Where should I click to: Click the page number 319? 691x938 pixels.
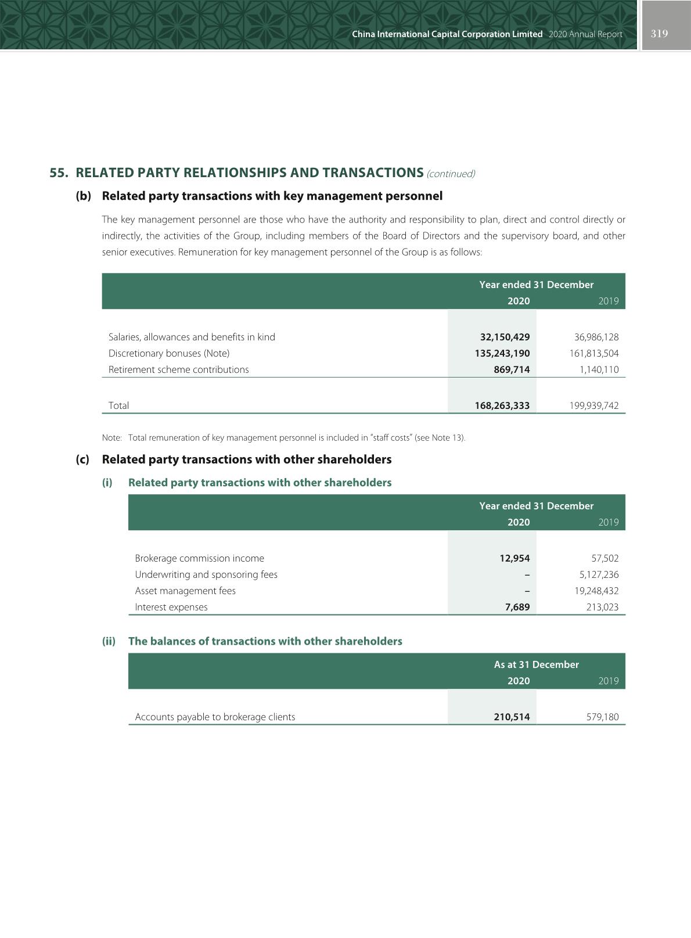[659, 34]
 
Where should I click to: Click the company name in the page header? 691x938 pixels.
[447, 34]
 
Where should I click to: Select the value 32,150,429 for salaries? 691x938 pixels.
[505, 337]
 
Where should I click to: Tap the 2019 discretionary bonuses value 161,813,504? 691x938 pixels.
[594, 353]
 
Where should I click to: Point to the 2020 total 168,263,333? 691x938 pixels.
[502, 405]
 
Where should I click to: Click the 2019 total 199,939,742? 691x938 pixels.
[594, 405]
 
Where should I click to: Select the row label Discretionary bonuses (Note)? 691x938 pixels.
[169, 353]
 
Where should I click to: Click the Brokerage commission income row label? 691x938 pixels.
[199, 558]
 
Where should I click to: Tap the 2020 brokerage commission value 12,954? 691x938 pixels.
[514, 558]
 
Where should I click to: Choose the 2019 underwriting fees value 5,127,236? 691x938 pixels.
[599, 574]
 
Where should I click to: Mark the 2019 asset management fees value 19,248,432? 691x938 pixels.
[596, 591]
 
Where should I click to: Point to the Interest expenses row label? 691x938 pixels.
[171, 607]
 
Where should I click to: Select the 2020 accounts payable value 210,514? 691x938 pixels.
[512, 717]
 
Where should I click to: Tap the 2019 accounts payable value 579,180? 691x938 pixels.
[603, 717]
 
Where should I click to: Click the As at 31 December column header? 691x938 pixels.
[536, 664]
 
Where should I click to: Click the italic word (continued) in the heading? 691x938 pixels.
[451, 174]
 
